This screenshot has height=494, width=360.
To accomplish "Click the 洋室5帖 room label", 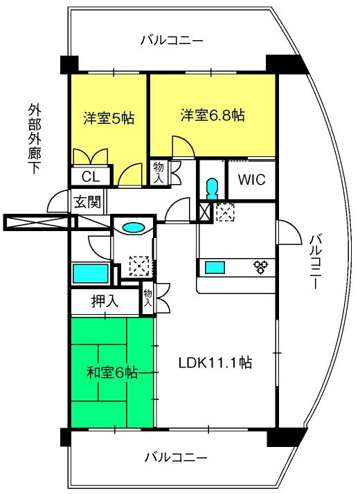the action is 109,118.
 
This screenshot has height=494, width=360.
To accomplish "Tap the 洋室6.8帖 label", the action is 213,116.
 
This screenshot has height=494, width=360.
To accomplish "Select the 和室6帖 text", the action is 112,373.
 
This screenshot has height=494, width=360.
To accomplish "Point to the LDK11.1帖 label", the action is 215,363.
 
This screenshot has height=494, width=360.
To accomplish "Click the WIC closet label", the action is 251,180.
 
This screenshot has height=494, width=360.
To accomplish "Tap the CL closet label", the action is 91,176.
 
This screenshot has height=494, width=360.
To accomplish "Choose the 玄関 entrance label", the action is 87,201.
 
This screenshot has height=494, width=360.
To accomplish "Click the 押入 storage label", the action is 105,301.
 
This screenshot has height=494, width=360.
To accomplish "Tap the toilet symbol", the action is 212,188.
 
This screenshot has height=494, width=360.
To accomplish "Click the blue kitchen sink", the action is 215,268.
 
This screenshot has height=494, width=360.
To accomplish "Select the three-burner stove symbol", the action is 261,267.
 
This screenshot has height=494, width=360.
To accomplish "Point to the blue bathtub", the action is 91,273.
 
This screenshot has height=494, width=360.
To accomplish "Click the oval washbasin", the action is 134,227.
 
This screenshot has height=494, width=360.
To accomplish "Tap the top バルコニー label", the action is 172,40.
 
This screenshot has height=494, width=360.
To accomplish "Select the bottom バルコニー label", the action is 176,457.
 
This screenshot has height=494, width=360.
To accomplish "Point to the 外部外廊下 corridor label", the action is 35,138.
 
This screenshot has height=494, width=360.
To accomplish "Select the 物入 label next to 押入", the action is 147,298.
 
